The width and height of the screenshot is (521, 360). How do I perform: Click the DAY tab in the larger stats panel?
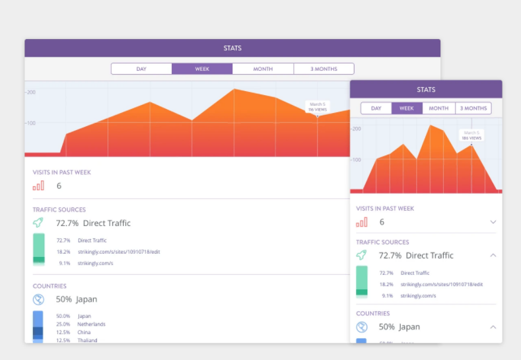(141, 69)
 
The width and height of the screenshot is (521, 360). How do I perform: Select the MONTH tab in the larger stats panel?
(263, 69)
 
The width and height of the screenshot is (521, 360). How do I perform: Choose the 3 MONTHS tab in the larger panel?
(324, 69)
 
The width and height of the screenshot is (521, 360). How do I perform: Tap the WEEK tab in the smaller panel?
(407, 108)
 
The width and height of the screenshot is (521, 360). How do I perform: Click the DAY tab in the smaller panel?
(376, 108)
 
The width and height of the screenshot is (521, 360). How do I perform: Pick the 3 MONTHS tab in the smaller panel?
(473, 108)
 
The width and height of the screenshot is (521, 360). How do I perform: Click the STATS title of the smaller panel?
(426, 89)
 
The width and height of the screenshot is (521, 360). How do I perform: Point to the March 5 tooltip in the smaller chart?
(471, 135)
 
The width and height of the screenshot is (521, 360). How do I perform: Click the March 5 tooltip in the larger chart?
(317, 106)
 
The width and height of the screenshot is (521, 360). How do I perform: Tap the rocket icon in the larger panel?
(38, 223)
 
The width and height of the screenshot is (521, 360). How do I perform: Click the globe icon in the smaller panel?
(362, 327)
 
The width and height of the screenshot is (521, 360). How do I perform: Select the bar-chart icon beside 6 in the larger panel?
(38, 186)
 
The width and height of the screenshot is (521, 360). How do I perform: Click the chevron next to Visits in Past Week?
(493, 223)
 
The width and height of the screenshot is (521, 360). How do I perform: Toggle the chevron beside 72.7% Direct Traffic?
(493, 255)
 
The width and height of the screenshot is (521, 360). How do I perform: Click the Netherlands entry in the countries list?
(91, 324)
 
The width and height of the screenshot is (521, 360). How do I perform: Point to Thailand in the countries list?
(87, 340)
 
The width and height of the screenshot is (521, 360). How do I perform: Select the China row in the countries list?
(85, 332)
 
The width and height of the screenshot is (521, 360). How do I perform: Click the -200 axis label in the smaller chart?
(357, 128)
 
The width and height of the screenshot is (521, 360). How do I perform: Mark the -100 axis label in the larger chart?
(30, 123)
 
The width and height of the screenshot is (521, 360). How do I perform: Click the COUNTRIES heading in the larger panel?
(50, 286)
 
